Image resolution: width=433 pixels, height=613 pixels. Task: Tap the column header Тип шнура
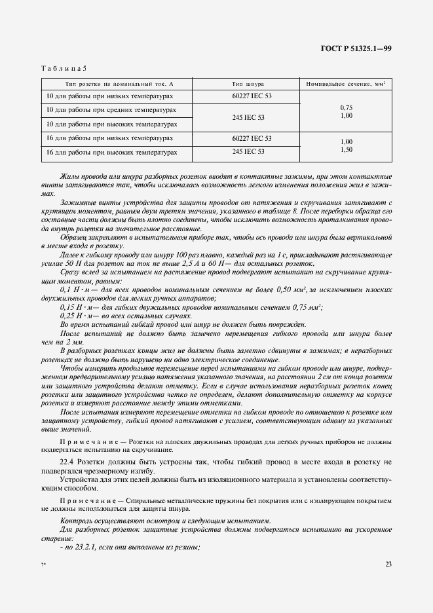248,84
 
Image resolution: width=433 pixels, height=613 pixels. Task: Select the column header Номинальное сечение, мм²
345,84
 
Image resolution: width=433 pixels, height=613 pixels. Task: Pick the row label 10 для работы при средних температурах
111,109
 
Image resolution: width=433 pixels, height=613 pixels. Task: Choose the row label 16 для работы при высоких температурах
111,153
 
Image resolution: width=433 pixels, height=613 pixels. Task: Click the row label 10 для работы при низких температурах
109,96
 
